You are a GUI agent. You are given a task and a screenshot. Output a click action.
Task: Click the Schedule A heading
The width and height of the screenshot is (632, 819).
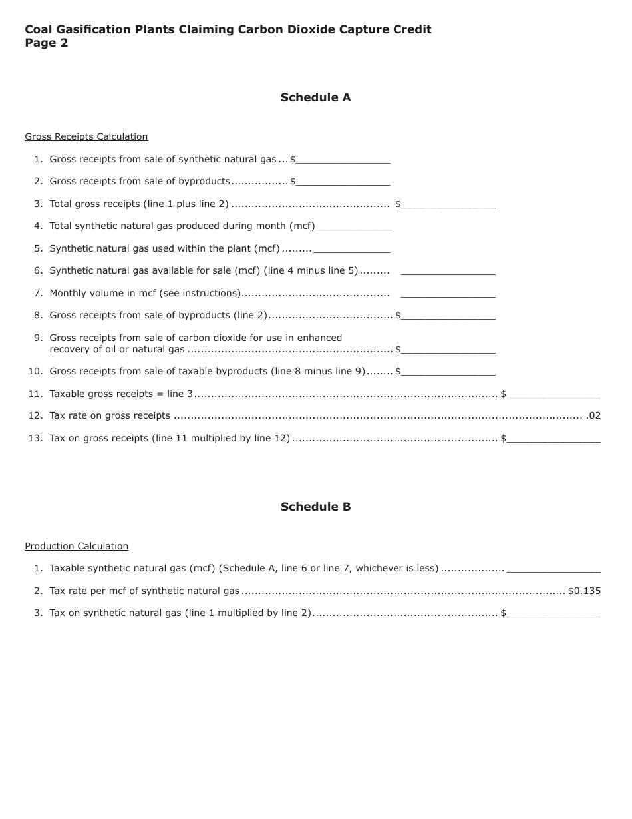pyautogui.click(x=315, y=97)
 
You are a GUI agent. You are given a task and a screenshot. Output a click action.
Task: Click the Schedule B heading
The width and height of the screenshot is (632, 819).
pyautogui.click(x=315, y=507)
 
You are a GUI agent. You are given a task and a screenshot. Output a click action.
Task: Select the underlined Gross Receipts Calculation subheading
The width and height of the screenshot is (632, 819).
pyautogui.click(x=86, y=136)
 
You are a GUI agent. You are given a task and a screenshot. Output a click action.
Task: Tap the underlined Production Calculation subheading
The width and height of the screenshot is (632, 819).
pyautogui.click(x=77, y=546)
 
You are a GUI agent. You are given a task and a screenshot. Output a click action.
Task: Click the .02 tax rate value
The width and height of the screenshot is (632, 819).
pyautogui.click(x=593, y=415)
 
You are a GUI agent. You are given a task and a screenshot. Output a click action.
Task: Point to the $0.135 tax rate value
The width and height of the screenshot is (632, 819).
pyautogui.click(x=584, y=591)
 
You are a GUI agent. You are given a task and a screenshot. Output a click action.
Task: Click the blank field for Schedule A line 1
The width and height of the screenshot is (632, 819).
pyautogui.click(x=343, y=160)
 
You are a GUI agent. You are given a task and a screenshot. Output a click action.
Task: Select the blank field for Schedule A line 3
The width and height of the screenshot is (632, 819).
pyautogui.click(x=448, y=204)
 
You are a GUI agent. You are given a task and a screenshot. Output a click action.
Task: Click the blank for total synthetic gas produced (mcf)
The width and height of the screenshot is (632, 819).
pyautogui.click(x=354, y=226)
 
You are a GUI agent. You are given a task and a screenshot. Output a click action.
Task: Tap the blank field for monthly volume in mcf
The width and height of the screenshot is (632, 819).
pyautogui.click(x=448, y=294)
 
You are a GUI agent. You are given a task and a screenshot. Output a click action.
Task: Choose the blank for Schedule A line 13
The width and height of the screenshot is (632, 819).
pyautogui.click(x=553, y=439)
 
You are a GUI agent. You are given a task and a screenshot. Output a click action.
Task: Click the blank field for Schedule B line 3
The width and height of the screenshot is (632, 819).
pyautogui.click(x=553, y=613)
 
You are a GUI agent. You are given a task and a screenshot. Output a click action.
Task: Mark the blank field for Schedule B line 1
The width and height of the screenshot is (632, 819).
pyautogui.click(x=553, y=569)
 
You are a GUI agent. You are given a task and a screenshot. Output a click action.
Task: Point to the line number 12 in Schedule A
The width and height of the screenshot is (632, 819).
pyautogui.click(x=35, y=415)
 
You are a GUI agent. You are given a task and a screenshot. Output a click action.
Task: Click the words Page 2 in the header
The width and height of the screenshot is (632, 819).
pyautogui.click(x=47, y=43)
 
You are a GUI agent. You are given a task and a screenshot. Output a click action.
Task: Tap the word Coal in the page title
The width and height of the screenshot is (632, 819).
pyautogui.click(x=38, y=29)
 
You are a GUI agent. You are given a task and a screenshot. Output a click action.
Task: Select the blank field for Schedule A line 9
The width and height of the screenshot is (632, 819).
pyautogui.click(x=448, y=350)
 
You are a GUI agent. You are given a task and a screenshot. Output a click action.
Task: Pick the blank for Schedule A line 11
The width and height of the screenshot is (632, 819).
pyautogui.click(x=553, y=394)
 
